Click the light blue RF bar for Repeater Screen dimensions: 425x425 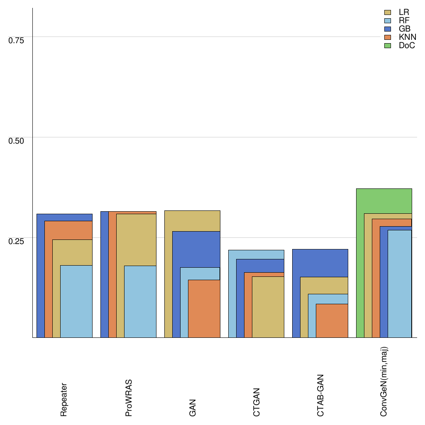pyautogui.click(x=76, y=301)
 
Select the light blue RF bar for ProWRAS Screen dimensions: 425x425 pyautogui.click(x=140, y=301)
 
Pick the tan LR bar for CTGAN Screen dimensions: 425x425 pyautogui.click(x=268, y=307)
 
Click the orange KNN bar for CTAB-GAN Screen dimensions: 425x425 pyautogui.click(x=332, y=320)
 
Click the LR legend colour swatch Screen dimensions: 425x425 pyautogui.click(x=388, y=12)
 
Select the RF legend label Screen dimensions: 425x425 pyautogui.click(x=404, y=21)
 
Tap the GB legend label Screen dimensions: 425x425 pyautogui.click(x=404, y=29)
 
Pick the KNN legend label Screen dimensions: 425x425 pyautogui.click(x=407, y=37)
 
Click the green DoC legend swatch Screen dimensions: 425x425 pyautogui.click(x=388, y=46)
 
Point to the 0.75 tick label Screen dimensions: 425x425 pyautogui.click(x=17, y=40)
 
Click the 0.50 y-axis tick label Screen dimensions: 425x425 pyautogui.click(x=17, y=140)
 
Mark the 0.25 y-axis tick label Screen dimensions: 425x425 pyautogui.click(x=17, y=241)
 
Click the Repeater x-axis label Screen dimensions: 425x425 pyautogui.click(x=64, y=399)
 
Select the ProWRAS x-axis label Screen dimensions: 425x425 pyautogui.click(x=129, y=398)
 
